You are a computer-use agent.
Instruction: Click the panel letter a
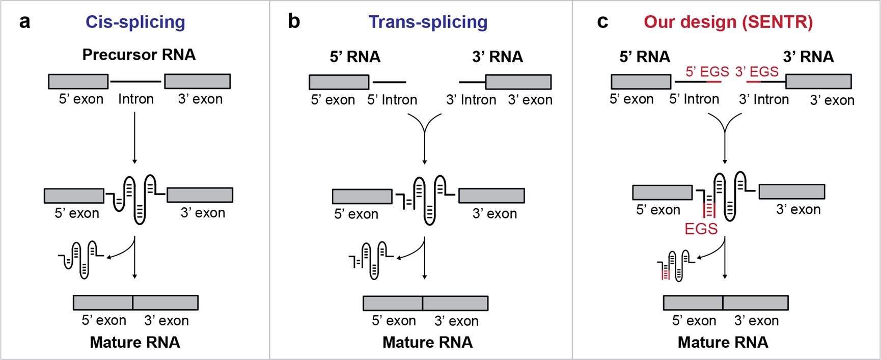click(x=24, y=22)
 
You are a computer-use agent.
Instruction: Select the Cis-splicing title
click(x=135, y=22)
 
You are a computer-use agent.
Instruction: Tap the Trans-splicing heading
click(x=428, y=22)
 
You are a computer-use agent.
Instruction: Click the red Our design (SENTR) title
click(x=728, y=22)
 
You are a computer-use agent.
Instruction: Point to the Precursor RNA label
click(x=139, y=54)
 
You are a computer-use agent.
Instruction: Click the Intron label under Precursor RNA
click(x=136, y=99)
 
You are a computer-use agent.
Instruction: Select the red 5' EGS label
click(x=707, y=72)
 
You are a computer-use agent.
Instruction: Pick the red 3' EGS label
click(x=756, y=72)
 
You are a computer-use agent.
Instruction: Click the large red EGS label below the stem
click(x=701, y=229)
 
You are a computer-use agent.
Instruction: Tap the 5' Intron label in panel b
click(x=392, y=100)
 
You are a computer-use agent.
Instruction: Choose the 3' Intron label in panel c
click(x=764, y=99)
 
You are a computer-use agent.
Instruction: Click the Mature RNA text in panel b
click(x=428, y=342)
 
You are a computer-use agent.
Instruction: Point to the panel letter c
click(x=602, y=22)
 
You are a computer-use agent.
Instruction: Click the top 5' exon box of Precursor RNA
click(x=78, y=81)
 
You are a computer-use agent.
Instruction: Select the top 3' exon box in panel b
click(x=518, y=82)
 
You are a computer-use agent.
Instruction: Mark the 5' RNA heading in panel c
click(x=645, y=57)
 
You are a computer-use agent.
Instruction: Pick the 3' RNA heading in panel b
click(x=498, y=57)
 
